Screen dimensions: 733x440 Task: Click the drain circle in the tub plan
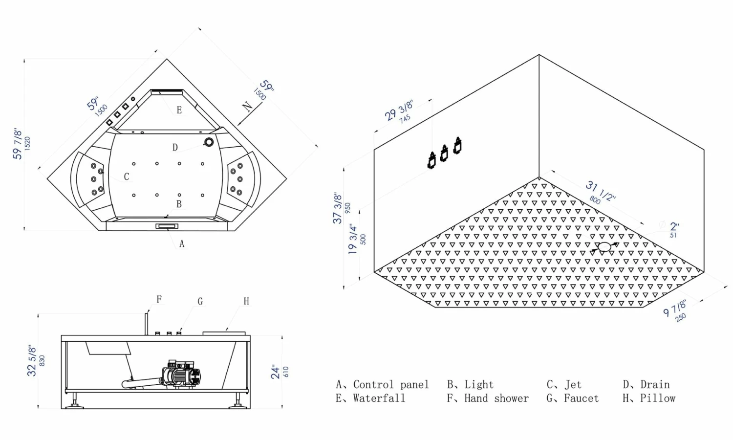tap(209, 142)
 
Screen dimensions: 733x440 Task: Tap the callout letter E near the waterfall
tap(179, 110)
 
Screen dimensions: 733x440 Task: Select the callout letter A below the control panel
tap(182, 243)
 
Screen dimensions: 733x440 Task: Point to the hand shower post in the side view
tap(147, 324)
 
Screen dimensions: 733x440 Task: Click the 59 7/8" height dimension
tap(17, 144)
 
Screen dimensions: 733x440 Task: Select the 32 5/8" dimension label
tap(32, 360)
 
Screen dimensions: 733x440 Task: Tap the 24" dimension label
tap(275, 372)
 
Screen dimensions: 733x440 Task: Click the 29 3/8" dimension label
tap(399, 110)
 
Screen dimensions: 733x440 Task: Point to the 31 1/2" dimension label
tap(601, 191)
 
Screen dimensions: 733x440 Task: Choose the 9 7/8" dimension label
tap(675, 308)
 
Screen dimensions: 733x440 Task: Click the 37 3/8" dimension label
tap(337, 209)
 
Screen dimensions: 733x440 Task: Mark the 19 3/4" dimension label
tap(353, 240)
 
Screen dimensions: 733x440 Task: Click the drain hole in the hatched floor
tap(604, 247)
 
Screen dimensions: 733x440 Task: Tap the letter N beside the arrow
tap(247, 107)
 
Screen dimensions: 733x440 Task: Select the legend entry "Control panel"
tap(391, 384)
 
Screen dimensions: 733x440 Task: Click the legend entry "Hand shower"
tap(496, 398)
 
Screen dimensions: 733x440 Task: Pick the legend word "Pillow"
tap(658, 398)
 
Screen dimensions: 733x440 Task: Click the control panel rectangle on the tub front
tap(167, 226)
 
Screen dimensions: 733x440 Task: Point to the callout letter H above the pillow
tap(246, 301)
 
